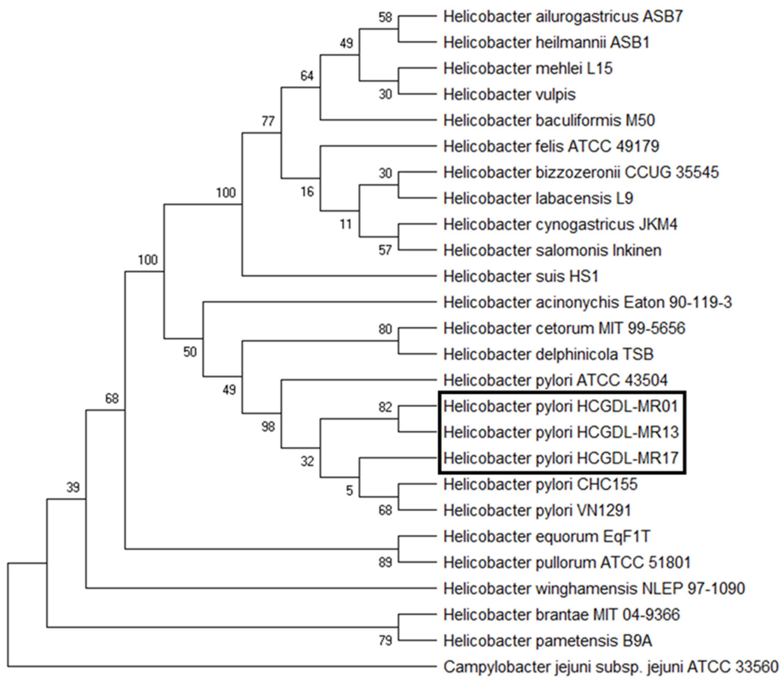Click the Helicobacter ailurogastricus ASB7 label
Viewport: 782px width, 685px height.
pyautogui.click(x=563, y=17)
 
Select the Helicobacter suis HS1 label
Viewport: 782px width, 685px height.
pyautogui.click(x=521, y=276)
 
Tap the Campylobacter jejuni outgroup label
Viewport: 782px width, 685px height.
pyautogui.click(x=610, y=667)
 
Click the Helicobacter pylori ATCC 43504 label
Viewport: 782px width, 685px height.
pyautogui.click(x=555, y=380)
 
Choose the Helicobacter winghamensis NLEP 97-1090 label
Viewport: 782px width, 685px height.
pyautogui.click(x=594, y=588)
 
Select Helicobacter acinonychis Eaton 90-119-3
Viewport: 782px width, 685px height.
pyautogui.click(x=587, y=302)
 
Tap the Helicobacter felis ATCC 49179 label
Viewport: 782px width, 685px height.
pyautogui.click(x=551, y=146)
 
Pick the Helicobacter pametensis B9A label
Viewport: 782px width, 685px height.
pyautogui.click(x=547, y=641)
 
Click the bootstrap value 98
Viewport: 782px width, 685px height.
pyautogui.click(x=268, y=427)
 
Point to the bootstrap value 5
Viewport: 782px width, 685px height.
pyautogui.click(x=349, y=491)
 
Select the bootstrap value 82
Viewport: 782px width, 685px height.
pyautogui.click(x=386, y=407)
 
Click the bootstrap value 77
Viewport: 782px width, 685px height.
pyautogui.click(x=268, y=121)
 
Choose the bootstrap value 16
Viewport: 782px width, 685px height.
pyautogui.click(x=307, y=191)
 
